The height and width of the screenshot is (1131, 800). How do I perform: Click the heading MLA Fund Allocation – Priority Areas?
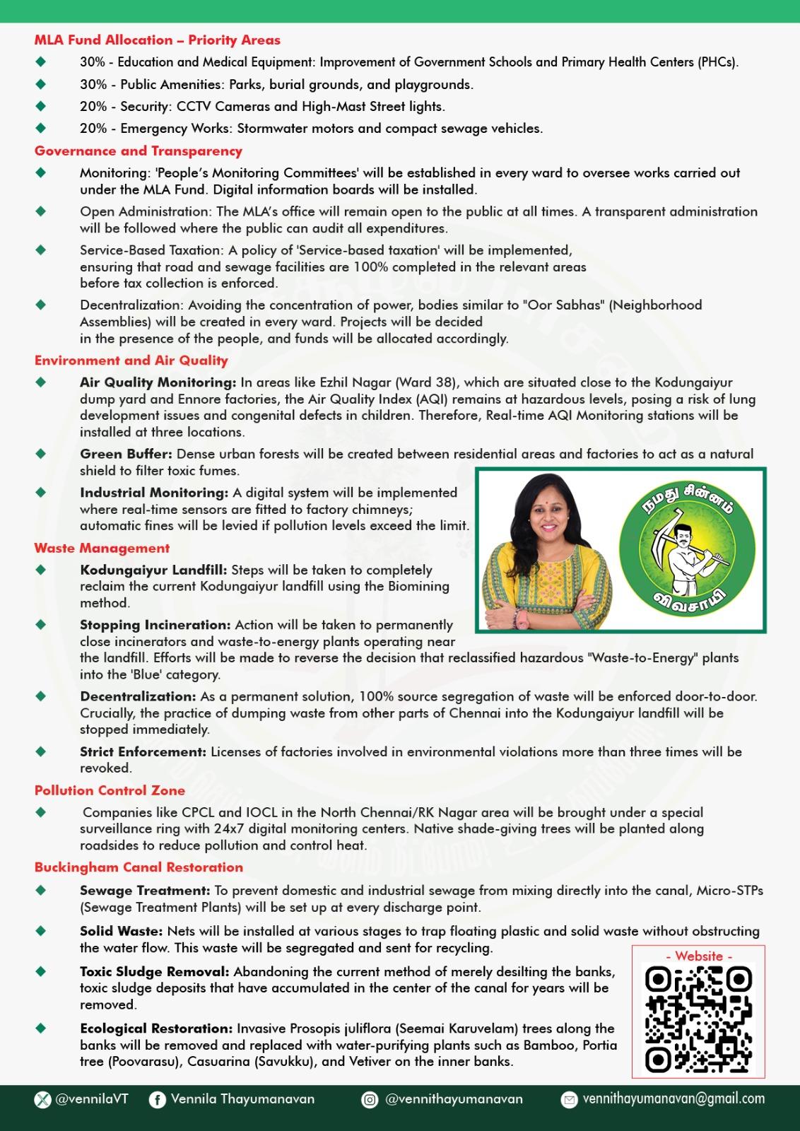pos(157,40)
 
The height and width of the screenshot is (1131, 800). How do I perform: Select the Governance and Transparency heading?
pos(139,151)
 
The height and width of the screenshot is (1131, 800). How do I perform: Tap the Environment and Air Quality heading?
pos(131,361)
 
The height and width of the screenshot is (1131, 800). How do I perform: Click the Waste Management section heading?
pos(102,548)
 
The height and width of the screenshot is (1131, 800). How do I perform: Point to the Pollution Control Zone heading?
pos(110,790)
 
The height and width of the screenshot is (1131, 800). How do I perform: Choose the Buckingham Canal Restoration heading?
pos(139,867)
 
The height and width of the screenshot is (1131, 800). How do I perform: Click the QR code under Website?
pos(698,1019)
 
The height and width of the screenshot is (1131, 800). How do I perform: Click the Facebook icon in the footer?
pos(157,1100)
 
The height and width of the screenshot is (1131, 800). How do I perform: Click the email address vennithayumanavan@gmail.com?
pos(673,1099)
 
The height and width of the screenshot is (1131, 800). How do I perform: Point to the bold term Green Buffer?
pos(126,454)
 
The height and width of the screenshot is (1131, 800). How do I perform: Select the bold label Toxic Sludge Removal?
pos(155,972)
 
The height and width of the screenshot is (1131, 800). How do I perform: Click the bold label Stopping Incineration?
pos(155,625)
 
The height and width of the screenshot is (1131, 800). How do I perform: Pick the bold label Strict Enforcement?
pos(143,751)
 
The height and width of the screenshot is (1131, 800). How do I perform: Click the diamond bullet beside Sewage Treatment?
pos(41,891)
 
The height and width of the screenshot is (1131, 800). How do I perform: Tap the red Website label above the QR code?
pos(699,956)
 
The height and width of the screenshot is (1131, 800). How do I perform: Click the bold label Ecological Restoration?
pos(156,1029)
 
